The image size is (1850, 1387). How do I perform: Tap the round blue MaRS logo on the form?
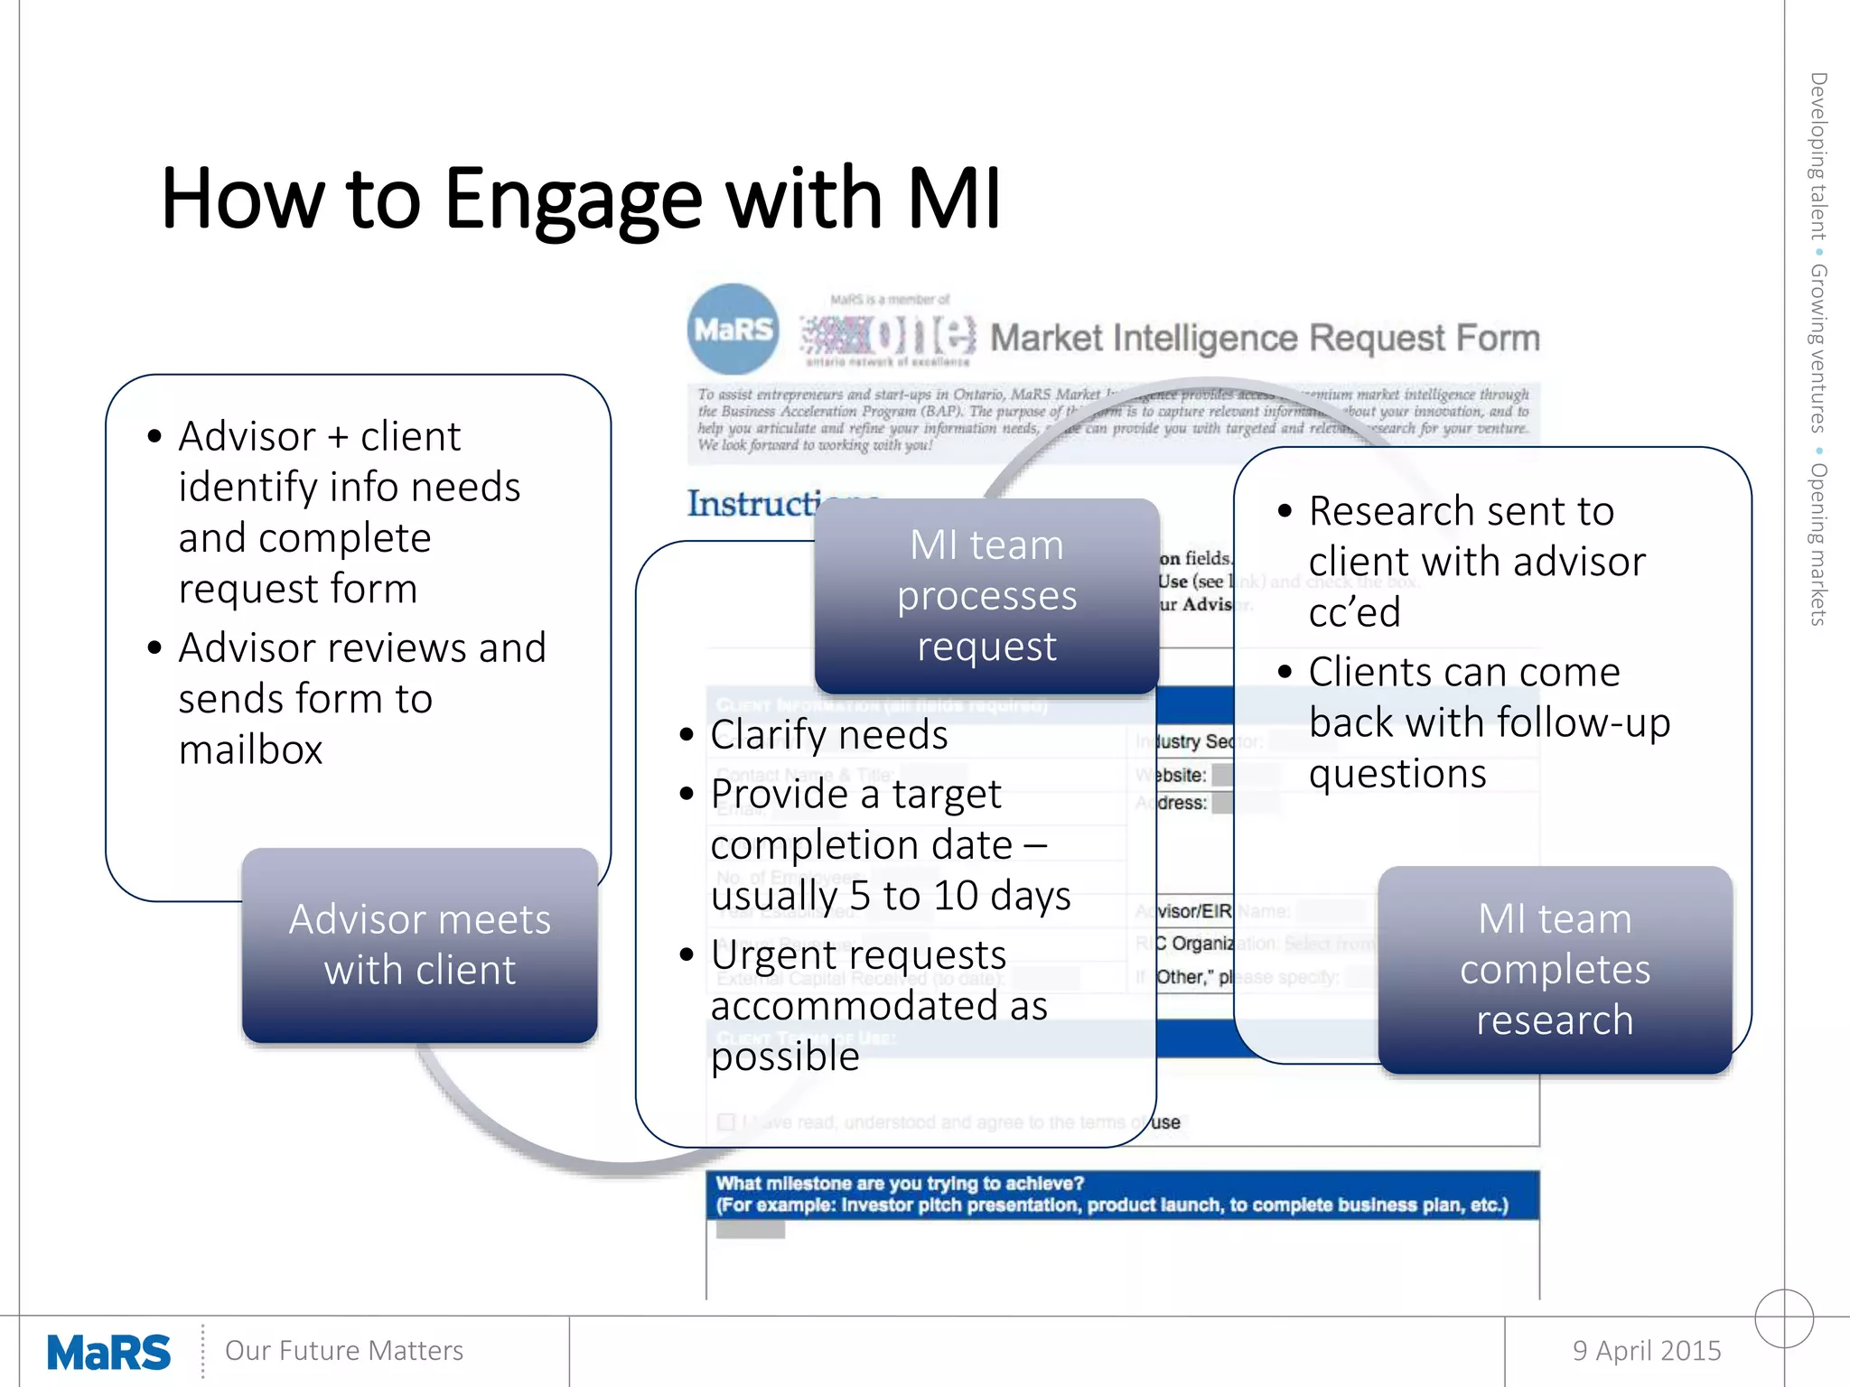click(733, 330)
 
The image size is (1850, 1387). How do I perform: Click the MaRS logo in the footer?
click(108, 1352)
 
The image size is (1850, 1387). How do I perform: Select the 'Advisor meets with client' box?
click(419, 945)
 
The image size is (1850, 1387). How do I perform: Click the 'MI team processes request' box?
click(986, 596)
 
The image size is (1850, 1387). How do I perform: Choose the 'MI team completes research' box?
click(1555, 970)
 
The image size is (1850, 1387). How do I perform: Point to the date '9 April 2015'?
click(1646, 1350)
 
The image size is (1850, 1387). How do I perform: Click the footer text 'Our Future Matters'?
click(343, 1351)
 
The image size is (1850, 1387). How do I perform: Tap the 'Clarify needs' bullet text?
click(828, 735)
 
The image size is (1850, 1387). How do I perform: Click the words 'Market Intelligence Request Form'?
click(1265, 338)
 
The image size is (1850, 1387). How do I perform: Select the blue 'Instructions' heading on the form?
click(754, 504)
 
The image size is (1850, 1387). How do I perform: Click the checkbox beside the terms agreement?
click(726, 1122)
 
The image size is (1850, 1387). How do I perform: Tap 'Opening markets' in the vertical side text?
click(1817, 544)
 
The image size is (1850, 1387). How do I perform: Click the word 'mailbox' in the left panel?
click(250, 750)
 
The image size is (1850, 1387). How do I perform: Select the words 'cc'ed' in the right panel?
click(1354, 613)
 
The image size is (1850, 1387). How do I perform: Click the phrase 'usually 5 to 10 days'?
click(890, 897)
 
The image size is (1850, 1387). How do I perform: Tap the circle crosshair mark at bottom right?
click(1784, 1318)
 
